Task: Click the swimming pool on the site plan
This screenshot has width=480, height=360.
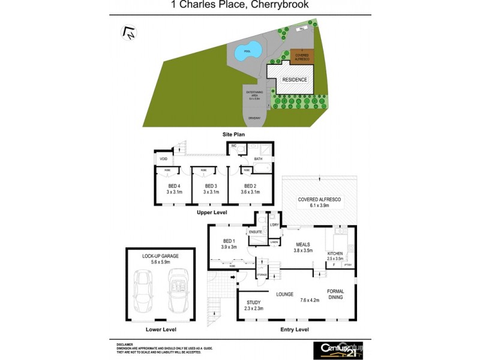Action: pyautogui.click(x=247, y=52)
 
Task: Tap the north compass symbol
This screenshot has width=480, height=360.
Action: pyautogui.click(x=128, y=34)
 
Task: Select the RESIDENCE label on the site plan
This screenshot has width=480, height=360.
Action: pyautogui.click(x=295, y=80)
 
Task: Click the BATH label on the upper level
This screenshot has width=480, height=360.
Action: pyautogui.click(x=259, y=159)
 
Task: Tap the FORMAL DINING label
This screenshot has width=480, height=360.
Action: pyautogui.click(x=335, y=295)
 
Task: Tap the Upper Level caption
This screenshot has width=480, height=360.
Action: pyautogui.click(x=212, y=212)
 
